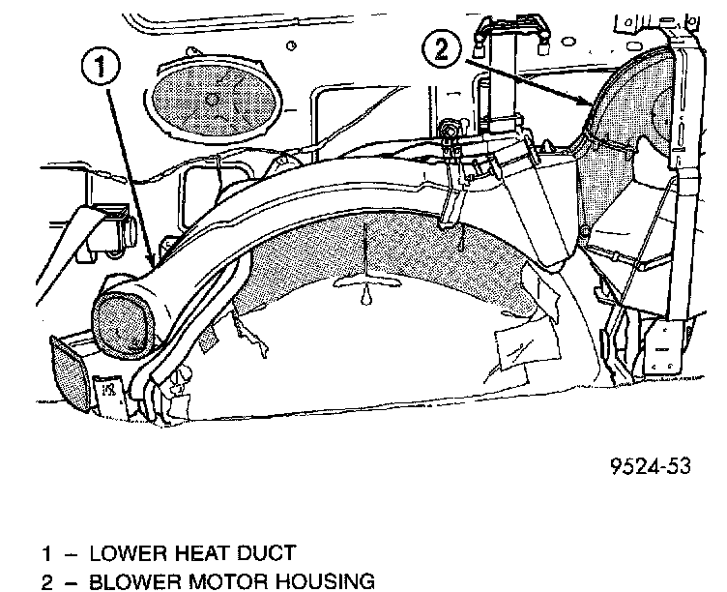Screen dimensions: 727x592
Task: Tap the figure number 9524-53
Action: click(651, 466)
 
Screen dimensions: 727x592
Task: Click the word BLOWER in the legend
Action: click(130, 581)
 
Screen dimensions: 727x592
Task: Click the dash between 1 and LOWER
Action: click(68, 554)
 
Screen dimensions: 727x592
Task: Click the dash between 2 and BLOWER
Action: click(68, 581)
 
